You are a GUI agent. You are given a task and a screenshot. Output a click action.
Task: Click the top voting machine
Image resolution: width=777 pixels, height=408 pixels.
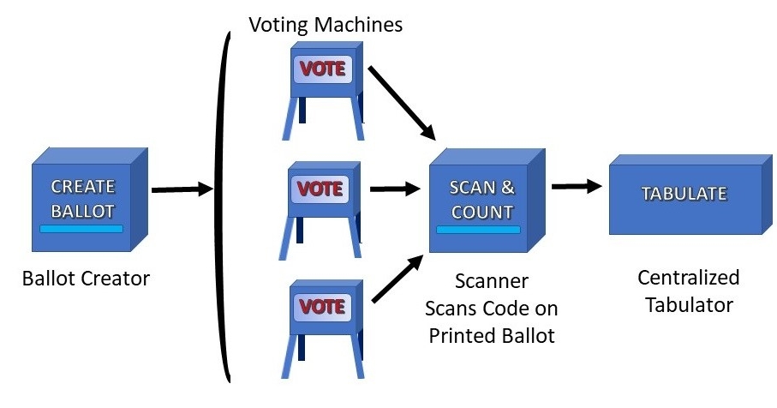coord(322,87)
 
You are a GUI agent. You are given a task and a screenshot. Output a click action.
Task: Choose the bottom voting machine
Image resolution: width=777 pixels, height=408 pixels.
coord(319,321)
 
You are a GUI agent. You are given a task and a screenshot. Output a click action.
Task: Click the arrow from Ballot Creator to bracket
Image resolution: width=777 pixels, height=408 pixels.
coord(181,189)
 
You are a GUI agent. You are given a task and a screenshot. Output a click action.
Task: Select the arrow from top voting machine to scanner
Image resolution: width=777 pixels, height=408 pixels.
coord(403,101)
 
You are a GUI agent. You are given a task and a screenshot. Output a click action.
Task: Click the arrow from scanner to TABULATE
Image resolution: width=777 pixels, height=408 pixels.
coord(576,186)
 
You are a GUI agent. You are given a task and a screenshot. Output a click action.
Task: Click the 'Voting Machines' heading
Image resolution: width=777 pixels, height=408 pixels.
coord(326,24)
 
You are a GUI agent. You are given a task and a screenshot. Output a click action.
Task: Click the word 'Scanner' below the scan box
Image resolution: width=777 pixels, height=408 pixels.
coord(491,281)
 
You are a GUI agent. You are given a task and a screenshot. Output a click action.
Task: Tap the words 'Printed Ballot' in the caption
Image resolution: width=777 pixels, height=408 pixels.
coord(492,335)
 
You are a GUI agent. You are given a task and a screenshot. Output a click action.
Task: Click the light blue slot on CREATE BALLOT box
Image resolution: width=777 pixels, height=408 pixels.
coord(83,228)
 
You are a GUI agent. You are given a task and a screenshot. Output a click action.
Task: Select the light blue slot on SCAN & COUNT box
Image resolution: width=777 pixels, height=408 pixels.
coord(478,230)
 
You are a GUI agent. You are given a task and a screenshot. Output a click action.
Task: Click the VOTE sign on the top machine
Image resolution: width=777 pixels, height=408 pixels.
coord(322,69)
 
